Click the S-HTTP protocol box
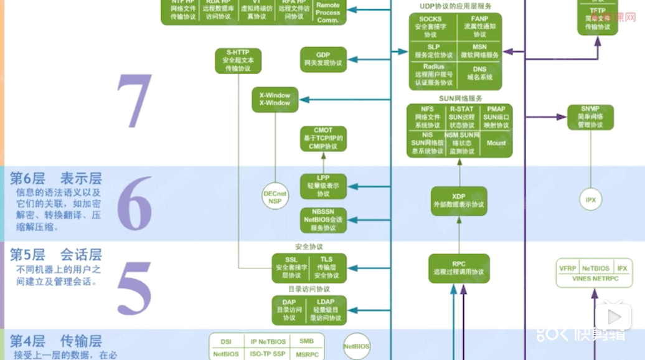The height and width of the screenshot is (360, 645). pyautogui.click(x=238, y=60)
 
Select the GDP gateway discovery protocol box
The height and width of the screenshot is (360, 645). pyautogui.click(x=322, y=59)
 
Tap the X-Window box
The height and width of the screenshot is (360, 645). pyautogui.click(x=275, y=100)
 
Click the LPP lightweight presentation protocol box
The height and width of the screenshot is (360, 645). pyautogui.click(x=322, y=186)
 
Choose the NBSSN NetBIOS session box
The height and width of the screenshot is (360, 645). pyautogui.click(x=322, y=219)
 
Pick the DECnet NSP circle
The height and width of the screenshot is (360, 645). pyautogui.click(x=275, y=197)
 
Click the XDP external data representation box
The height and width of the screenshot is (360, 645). pyautogui.click(x=458, y=201)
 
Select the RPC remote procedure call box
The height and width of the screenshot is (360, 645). pyautogui.click(x=458, y=268)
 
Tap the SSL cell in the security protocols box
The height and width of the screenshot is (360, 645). pyautogui.click(x=291, y=267)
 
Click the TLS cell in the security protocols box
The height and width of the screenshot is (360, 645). pyautogui.click(x=326, y=267)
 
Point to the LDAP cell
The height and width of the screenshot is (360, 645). pyautogui.click(x=326, y=310)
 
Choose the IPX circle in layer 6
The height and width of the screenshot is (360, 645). pyautogui.click(x=590, y=200)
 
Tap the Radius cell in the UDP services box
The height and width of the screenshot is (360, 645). pyautogui.click(x=433, y=74)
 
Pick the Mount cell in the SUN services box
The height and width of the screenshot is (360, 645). pyautogui.click(x=496, y=143)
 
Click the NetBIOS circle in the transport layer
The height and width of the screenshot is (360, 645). pyautogui.click(x=357, y=346)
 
